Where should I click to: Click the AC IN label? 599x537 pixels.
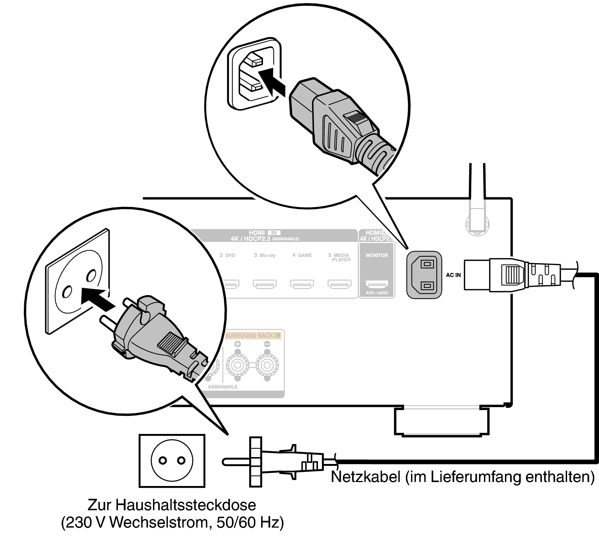tap(453, 275)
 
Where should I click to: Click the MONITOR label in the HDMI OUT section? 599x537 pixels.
tap(377, 255)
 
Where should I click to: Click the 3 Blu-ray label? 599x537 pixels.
tap(265, 255)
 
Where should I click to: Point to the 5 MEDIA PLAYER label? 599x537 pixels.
tap(339, 257)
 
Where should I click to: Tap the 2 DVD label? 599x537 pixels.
tap(228, 255)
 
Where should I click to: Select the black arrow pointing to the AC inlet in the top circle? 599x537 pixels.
tap(271, 82)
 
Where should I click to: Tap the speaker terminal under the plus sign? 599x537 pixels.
tap(237, 365)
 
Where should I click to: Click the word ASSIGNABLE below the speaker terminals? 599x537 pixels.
tap(222, 387)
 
